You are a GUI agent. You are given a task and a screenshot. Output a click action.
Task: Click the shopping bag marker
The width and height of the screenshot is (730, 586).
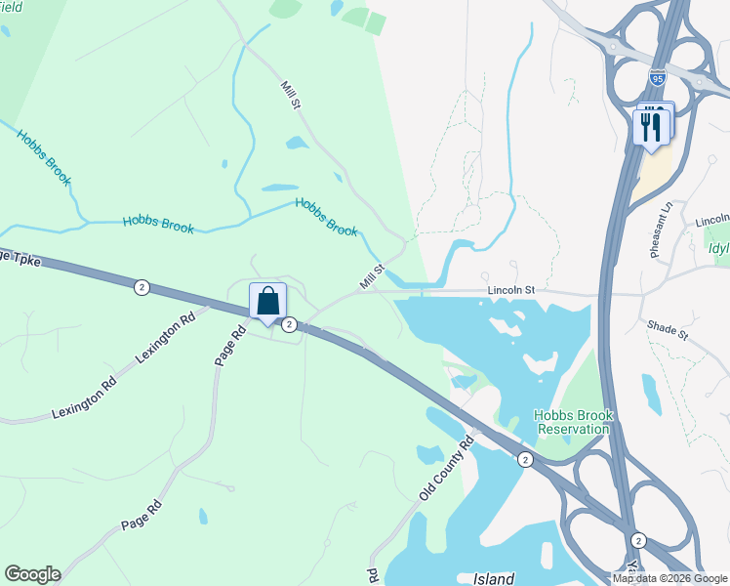(x=267, y=302)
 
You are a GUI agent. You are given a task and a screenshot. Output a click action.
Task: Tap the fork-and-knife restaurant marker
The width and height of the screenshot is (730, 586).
(x=651, y=125)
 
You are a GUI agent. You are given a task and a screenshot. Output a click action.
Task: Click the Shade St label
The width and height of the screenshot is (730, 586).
(x=669, y=334)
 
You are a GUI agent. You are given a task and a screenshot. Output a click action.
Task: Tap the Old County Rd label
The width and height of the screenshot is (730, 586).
(x=446, y=469)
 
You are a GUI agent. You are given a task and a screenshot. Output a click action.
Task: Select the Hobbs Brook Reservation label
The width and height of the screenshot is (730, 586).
(x=574, y=422)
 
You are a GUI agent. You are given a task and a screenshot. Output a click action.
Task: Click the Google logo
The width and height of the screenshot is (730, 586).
(x=32, y=574)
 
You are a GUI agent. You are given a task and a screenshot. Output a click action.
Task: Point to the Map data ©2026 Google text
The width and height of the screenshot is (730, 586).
(x=669, y=578)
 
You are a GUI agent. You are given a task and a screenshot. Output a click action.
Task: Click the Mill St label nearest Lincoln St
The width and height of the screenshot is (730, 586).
(x=372, y=276)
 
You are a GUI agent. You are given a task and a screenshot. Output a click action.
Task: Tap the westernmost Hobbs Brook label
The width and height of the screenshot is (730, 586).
(x=45, y=157)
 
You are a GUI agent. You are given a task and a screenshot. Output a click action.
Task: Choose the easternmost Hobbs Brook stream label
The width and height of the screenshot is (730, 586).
(x=326, y=217)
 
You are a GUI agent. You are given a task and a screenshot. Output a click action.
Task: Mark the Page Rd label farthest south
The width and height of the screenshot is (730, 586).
(x=142, y=516)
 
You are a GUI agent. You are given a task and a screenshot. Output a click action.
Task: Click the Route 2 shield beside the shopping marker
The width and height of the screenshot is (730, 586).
(x=290, y=324)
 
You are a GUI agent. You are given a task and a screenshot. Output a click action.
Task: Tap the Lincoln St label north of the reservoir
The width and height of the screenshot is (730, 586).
(x=513, y=291)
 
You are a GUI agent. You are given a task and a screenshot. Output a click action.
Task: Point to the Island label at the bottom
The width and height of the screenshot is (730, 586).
(x=494, y=579)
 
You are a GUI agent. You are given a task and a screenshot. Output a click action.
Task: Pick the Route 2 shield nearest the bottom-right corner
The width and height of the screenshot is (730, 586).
(x=639, y=540)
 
